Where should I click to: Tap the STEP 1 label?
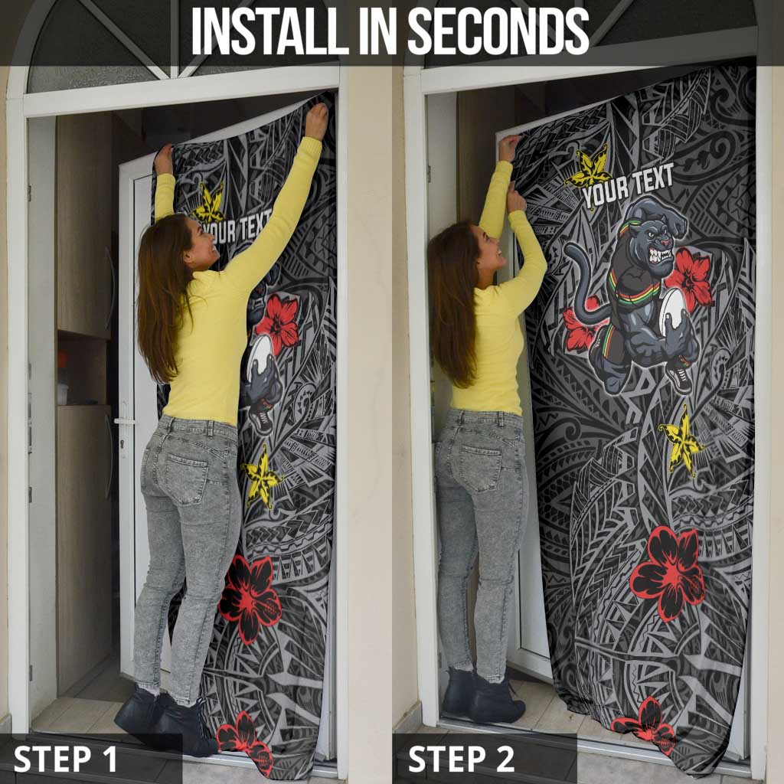pos(65,759)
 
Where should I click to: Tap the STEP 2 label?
pos(461,759)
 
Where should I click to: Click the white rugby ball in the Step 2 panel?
pos(672,312)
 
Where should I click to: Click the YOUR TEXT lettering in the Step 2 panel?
pos(628,185)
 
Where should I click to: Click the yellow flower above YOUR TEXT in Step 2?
pos(589,169)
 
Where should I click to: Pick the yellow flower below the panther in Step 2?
pos(681,442)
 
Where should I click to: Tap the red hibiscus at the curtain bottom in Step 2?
pos(645,720)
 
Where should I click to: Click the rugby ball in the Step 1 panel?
pos(260,355)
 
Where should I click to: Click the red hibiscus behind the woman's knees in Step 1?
pos(250,597)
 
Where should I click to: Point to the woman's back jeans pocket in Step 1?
pos(188,478)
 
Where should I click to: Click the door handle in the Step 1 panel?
pos(124,421)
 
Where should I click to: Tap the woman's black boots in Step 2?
pos(482,694)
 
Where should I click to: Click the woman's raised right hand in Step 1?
pos(316,120)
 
